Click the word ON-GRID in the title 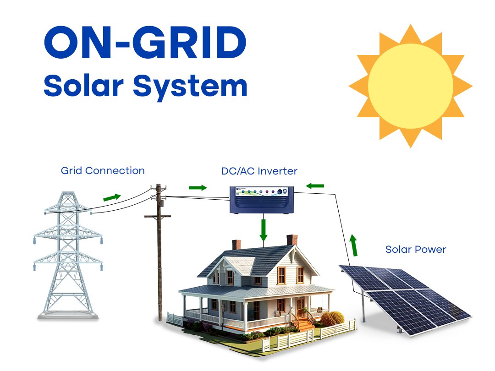point(145,43)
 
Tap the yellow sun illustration point(410,86)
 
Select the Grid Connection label point(103,171)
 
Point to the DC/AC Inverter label point(259,171)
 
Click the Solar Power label point(416,250)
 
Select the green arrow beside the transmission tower point(112,197)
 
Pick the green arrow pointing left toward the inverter point(315,186)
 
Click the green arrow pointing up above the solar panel point(354,245)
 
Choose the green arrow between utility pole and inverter point(198,188)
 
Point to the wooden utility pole point(159,252)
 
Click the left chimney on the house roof point(236,245)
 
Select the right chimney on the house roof point(292,240)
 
